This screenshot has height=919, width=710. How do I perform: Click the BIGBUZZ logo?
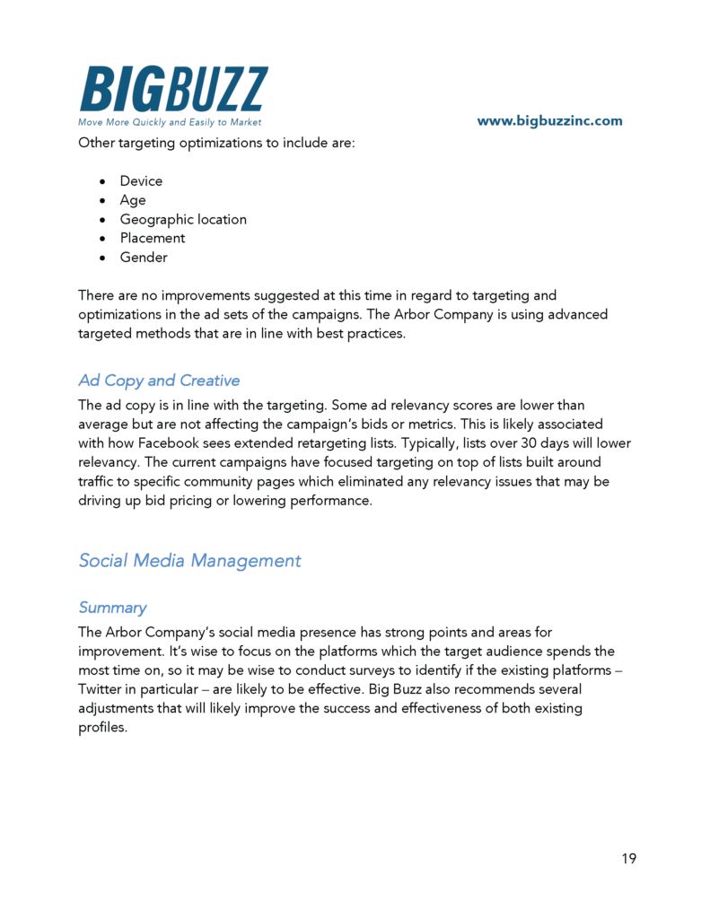point(173,90)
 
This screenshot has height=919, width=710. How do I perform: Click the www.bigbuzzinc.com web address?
point(549,121)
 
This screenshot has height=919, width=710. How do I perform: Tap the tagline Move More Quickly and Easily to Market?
point(170,122)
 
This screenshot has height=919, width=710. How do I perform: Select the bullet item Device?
point(141,181)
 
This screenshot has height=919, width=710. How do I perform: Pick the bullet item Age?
point(133,200)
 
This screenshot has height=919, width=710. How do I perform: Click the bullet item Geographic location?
point(183,219)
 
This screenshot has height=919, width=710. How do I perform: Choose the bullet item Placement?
point(153,238)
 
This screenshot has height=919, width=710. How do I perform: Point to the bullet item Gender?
point(144,258)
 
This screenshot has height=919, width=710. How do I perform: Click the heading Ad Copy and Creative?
point(159,381)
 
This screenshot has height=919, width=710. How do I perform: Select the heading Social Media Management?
point(189,561)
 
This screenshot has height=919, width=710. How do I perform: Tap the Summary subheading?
point(112,608)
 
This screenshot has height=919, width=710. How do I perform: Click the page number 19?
point(628,859)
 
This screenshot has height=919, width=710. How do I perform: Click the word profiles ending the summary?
point(101,727)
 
